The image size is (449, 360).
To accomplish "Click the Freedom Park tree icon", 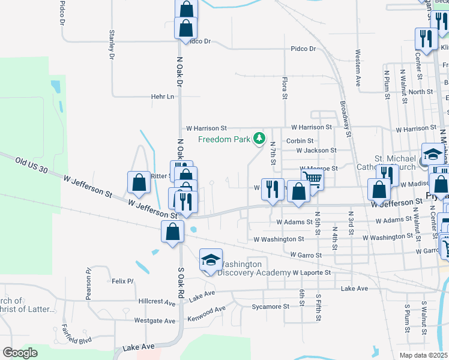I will tap(259, 139).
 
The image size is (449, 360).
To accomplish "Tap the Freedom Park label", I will tap(224, 140).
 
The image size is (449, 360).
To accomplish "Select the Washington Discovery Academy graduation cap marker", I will tap(211, 260).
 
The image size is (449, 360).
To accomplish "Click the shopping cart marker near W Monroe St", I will tap(312, 178).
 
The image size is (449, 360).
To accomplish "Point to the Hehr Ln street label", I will tap(162, 96).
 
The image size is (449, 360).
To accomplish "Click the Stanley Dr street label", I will tap(112, 45).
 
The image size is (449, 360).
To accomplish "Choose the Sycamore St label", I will tap(270, 306).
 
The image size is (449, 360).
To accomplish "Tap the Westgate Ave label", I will tap(155, 321).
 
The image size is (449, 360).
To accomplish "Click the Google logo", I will tap(20, 353).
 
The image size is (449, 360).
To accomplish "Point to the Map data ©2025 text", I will tap(424, 355).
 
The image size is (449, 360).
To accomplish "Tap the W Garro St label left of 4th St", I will tap(306, 255).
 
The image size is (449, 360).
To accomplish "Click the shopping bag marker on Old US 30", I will tap(139, 184).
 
